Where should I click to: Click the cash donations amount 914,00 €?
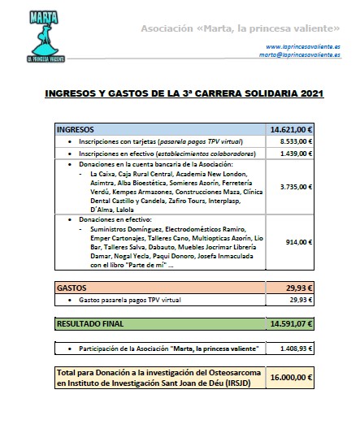click(299, 241)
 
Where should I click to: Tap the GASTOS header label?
click(71, 288)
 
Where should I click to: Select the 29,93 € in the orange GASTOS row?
click(302, 288)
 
